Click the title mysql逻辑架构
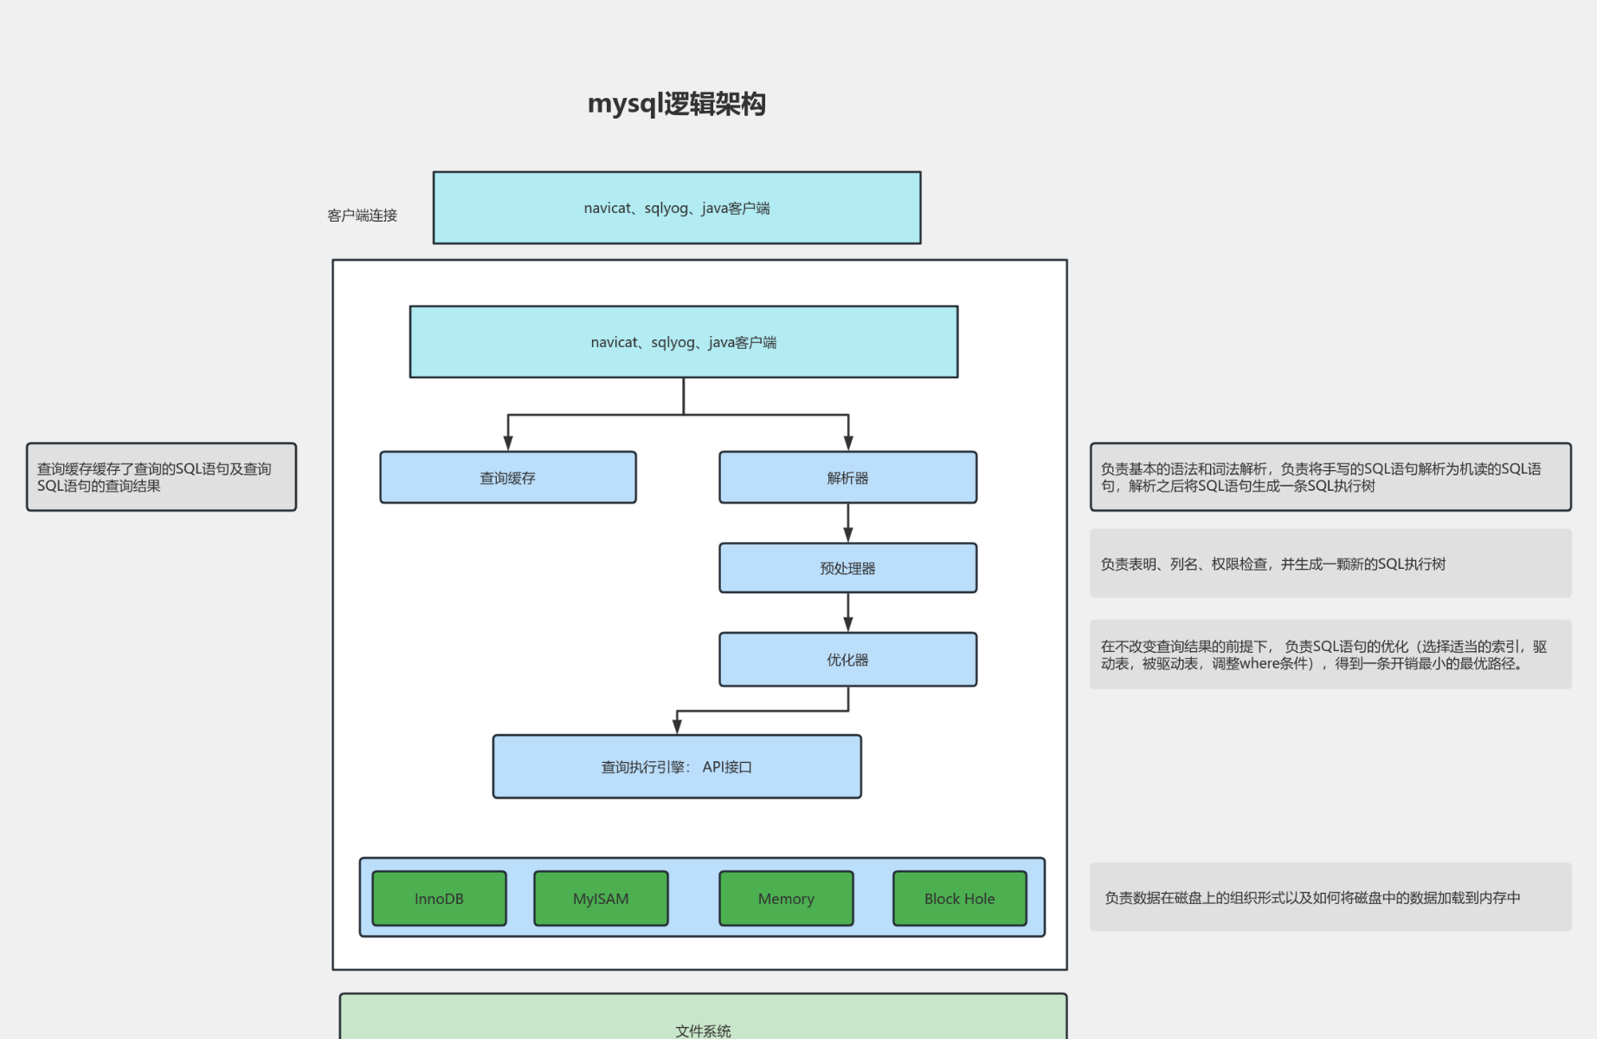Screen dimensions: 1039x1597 [x=676, y=104]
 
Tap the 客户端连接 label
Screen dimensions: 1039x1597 [x=362, y=216]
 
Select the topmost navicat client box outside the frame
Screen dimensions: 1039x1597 [x=676, y=208]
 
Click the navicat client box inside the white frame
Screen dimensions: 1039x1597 [x=683, y=342]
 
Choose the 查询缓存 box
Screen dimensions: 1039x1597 [x=508, y=478]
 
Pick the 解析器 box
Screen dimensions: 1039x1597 [x=847, y=478]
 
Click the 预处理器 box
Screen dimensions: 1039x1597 [x=847, y=569]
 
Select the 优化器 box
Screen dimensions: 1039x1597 [x=847, y=660]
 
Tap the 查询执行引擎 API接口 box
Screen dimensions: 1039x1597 [x=676, y=767]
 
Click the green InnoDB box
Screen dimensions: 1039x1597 [x=439, y=899]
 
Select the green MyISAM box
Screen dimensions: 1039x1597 [x=601, y=899]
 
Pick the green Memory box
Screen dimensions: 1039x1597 [x=786, y=899]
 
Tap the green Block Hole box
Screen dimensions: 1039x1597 [x=959, y=899]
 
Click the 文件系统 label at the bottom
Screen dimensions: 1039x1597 [x=703, y=1030]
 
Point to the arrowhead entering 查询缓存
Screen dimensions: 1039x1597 [x=508, y=443]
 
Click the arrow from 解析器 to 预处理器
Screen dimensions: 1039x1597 [x=848, y=523]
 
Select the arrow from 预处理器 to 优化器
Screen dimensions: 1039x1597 [x=848, y=612]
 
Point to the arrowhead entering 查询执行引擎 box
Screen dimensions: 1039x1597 [x=677, y=726]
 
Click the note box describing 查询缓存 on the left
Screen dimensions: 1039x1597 [x=161, y=477]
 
